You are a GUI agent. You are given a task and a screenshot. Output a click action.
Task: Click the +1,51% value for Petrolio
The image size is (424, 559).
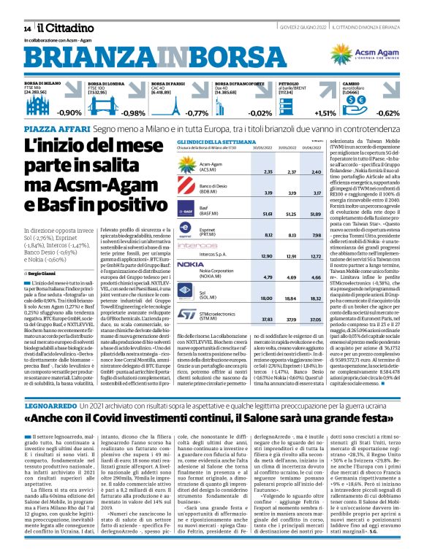(x=325, y=113)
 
